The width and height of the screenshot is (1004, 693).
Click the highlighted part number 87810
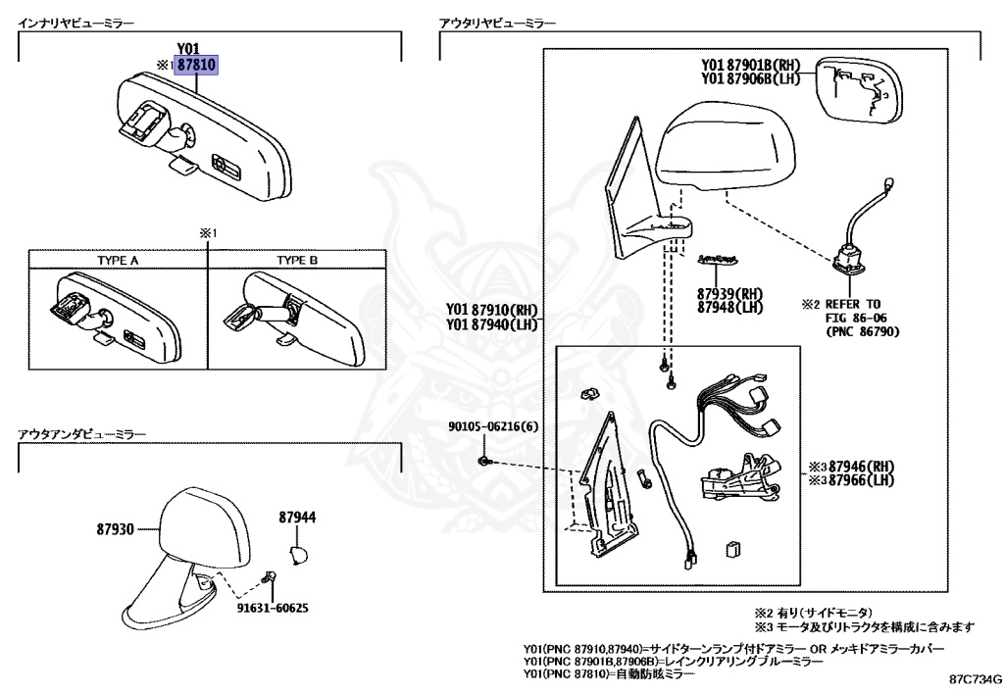[196, 66]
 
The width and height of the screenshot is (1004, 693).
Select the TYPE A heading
[118, 261]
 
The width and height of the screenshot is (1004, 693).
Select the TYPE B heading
[297, 261]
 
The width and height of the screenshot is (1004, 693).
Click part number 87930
[117, 529]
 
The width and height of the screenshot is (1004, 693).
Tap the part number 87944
[297, 517]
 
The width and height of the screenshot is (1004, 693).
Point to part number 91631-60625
[272, 608]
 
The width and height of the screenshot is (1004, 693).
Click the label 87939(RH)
[729, 293]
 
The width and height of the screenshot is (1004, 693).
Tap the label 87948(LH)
[729, 307]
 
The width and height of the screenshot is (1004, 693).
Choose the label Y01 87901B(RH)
[750, 66]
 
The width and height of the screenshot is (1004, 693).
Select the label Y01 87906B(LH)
[750, 79]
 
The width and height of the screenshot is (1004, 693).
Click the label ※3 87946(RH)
[851, 467]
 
